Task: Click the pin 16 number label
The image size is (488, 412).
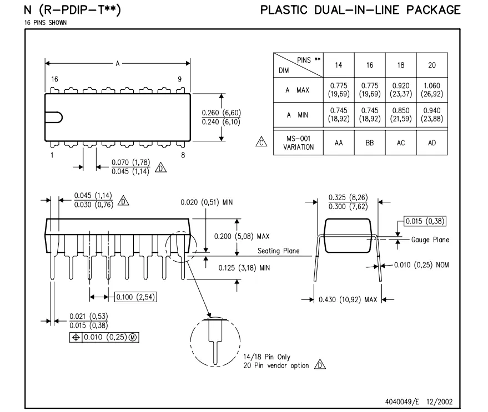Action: click(54, 79)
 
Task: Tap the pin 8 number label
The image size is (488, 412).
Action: click(183, 155)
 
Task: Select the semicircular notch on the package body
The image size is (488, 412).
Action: click(54, 118)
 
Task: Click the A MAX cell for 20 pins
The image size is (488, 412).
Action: click(432, 90)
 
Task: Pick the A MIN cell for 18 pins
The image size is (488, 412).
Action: click(401, 115)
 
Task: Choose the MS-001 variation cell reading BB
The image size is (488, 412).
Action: click(370, 143)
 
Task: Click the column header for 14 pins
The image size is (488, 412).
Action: click(339, 65)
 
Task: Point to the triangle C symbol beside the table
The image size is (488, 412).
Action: click(261, 142)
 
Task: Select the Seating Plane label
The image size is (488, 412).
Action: click(279, 251)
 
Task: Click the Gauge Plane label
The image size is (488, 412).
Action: click(430, 240)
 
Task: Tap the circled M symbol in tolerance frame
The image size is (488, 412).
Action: click(133, 337)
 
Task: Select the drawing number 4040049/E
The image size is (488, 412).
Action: click(402, 401)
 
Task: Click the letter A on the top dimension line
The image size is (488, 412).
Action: click(118, 63)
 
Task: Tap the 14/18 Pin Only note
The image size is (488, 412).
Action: click(266, 357)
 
